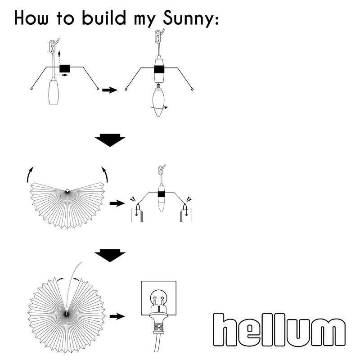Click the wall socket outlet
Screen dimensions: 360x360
[x=159, y=297]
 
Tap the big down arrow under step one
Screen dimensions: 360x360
[x=110, y=140]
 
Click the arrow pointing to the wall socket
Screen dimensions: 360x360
[x=117, y=316]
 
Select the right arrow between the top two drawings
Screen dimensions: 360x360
[x=110, y=90]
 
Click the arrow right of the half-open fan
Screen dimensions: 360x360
[x=117, y=203]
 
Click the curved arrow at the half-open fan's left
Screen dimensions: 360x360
[x=30, y=174]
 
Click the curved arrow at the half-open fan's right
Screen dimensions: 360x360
[x=105, y=174]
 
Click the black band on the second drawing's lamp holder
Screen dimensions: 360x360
[x=158, y=70]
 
